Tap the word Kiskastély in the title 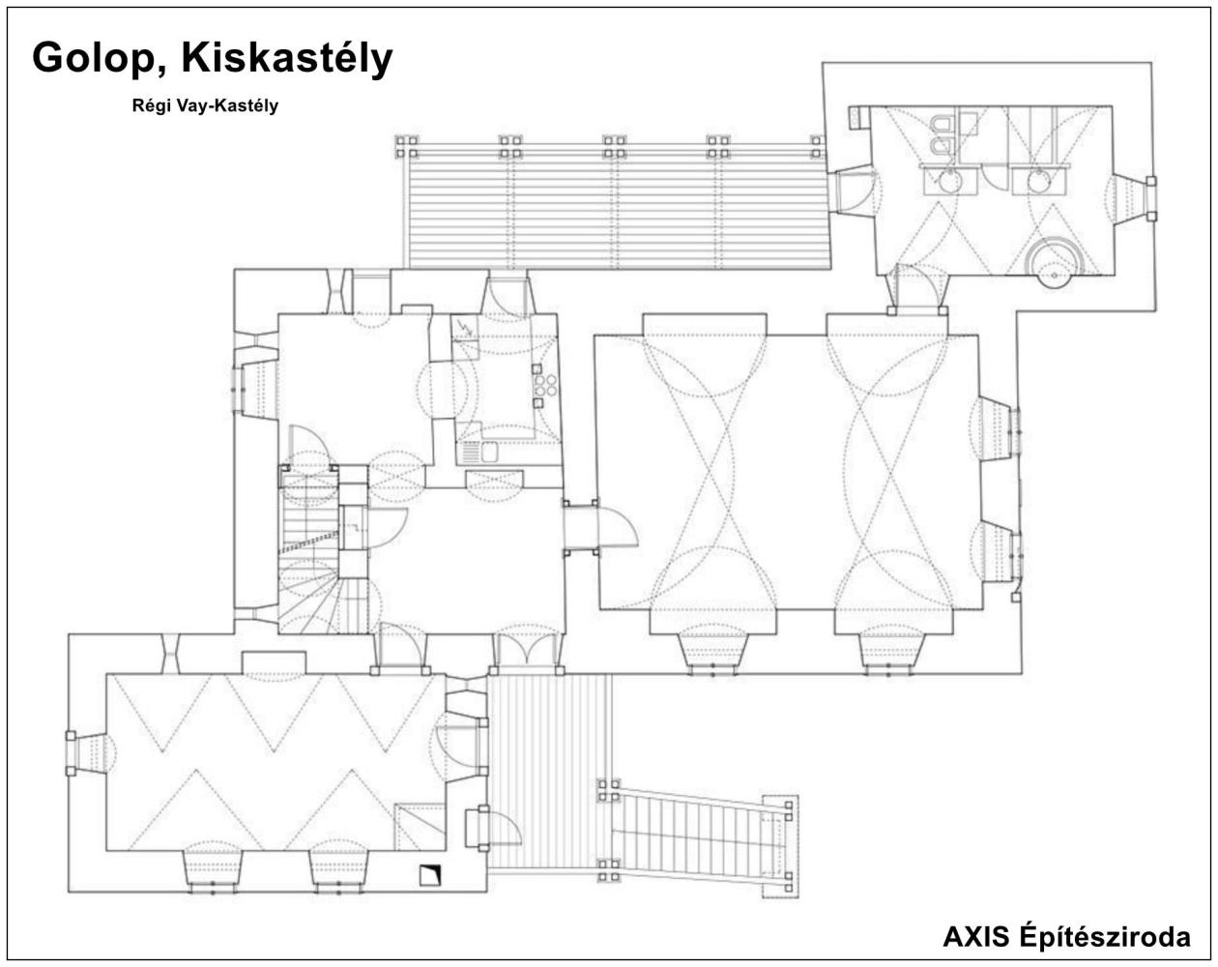287,59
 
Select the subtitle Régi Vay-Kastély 205,105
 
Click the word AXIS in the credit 975,936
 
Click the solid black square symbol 429,875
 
